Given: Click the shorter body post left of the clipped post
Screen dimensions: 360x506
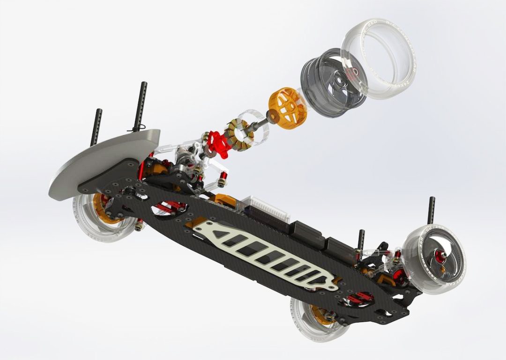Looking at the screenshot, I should click(x=97, y=126).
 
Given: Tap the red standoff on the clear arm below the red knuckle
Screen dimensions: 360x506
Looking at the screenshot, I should click(x=223, y=177).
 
